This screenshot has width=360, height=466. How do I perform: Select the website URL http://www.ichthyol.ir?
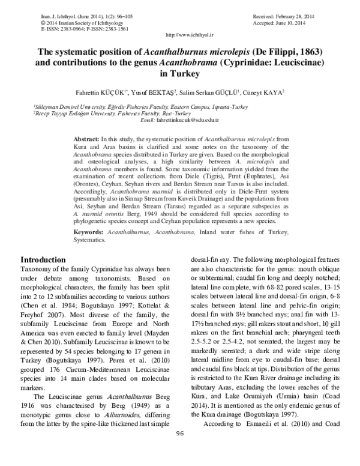[x=179, y=37]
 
